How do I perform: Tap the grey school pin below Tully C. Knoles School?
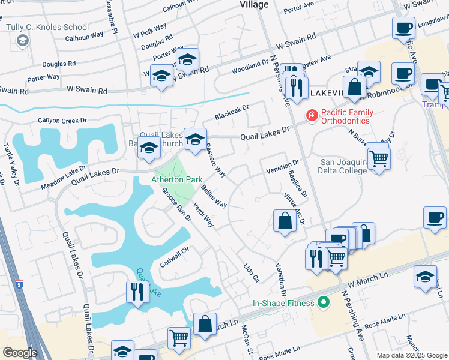(23, 40)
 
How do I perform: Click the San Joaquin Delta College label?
(343, 166)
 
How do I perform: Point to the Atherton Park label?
(176, 179)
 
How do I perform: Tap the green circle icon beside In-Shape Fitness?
(325, 303)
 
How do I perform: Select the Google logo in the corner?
(20, 353)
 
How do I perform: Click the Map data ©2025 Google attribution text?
(412, 355)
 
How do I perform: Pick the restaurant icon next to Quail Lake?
(137, 292)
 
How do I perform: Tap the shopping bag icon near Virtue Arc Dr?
(285, 220)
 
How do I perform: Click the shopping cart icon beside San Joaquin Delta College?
(378, 159)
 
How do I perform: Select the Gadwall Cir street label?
(175, 259)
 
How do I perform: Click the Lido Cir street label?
(252, 273)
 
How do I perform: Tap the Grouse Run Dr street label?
(176, 204)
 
